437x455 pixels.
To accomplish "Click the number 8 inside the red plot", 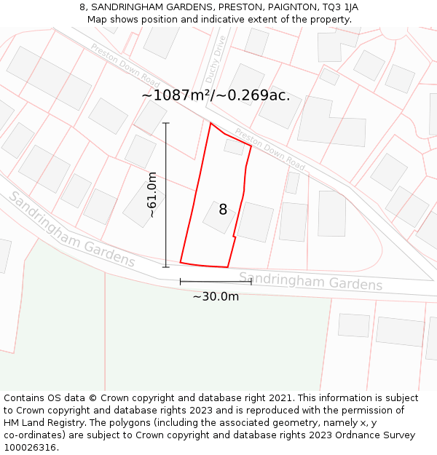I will [223, 210].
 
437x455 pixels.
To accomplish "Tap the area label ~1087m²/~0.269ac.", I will [216, 95].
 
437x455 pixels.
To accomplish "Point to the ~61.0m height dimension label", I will [152, 194].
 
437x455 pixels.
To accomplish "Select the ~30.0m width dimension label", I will [216, 296].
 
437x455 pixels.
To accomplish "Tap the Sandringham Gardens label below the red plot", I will [310, 281].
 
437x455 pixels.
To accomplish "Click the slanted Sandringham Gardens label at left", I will [71, 230].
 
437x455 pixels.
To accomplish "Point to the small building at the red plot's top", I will [235, 146].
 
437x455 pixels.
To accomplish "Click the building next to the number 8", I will [255, 222].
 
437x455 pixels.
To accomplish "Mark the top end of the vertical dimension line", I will [166, 123].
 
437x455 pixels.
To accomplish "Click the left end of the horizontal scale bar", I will [180, 281].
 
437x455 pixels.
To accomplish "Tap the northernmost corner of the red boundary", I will [210, 123].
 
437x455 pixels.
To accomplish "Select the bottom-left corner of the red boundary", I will [180, 262].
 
